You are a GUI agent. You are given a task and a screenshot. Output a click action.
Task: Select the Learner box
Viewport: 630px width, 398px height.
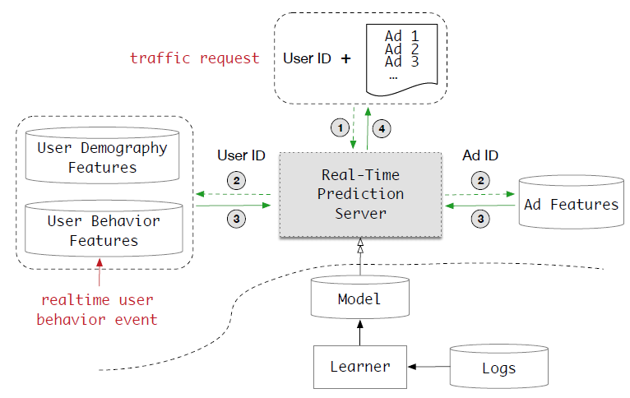click(359, 367)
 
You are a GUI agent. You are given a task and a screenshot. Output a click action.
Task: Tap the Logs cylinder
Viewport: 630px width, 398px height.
click(498, 367)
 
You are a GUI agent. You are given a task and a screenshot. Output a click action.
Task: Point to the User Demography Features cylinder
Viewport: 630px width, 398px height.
click(102, 156)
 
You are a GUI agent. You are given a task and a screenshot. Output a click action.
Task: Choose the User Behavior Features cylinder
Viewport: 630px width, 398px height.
click(103, 230)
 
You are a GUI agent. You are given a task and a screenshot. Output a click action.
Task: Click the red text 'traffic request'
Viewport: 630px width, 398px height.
click(194, 58)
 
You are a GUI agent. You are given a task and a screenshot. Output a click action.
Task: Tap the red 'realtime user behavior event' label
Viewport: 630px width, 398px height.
click(97, 309)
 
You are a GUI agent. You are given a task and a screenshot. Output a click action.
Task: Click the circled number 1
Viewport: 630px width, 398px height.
click(337, 127)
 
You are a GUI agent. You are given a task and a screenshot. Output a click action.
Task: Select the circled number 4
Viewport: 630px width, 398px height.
click(380, 127)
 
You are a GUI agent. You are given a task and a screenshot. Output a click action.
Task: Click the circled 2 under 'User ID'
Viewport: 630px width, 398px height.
click(236, 180)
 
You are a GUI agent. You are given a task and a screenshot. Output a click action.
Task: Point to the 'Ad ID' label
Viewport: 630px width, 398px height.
click(480, 155)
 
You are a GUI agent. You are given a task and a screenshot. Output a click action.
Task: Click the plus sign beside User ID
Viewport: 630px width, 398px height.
click(345, 58)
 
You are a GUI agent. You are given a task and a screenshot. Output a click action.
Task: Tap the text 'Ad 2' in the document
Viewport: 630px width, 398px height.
click(401, 49)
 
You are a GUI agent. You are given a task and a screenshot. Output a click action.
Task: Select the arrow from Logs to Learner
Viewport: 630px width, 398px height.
click(430, 364)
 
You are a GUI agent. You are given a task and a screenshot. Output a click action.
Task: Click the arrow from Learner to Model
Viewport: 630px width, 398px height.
click(359, 332)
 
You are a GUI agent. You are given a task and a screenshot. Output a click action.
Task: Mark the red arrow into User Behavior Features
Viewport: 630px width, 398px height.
click(101, 272)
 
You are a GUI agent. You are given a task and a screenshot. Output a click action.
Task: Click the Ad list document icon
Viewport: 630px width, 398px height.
click(402, 58)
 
